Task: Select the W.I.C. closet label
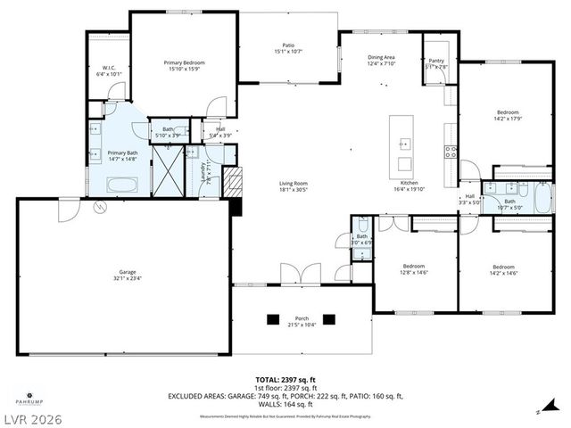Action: pyautogui.click(x=108, y=67)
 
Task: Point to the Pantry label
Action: pyautogui.click(x=436, y=60)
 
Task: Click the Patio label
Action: pyautogui.click(x=288, y=45)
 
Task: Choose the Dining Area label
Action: pyautogui.click(x=381, y=57)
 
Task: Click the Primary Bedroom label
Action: pyautogui.click(x=185, y=62)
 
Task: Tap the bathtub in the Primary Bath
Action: pyautogui.click(x=121, y=185)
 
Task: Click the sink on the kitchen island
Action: pyautogui.click(x=404, y=143)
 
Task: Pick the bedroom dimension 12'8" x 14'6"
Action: pyautogui.click(x=414, y=272)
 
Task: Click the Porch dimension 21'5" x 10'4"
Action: pyautogui.click(x=301, y=324)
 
